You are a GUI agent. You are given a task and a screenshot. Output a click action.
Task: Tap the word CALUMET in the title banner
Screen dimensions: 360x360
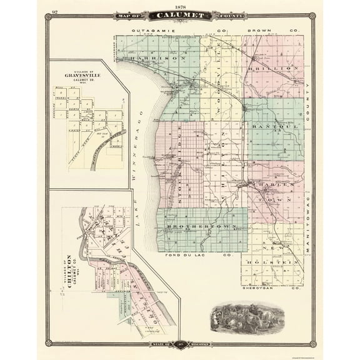click(x=180, y=14)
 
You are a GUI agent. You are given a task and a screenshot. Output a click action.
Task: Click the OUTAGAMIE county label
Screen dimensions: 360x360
click(x=154, y=29)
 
